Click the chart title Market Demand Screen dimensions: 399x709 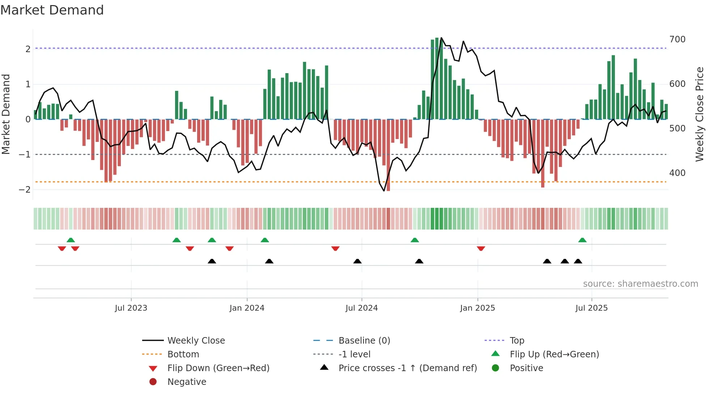[x=52, y=10]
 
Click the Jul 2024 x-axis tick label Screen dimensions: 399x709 [x=361, y=308]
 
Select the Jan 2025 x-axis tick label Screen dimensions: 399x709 [x=477, y=308]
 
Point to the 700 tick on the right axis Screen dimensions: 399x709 [x=677, y=39]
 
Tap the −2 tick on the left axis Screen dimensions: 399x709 [x=25, y=190]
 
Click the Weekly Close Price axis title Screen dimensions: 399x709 [x=700, y=114]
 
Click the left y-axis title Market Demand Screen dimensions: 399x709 [x=6, y=114]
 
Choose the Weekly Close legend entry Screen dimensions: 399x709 [x=196, y=341]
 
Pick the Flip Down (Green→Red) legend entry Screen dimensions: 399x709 [x=218, y=368]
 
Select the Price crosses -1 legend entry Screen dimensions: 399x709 [x=407, y=368]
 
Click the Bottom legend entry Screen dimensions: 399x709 [x=183, y=354]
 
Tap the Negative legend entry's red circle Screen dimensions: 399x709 [x=153, y=382]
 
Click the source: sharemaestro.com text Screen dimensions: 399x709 [x=640, y=284]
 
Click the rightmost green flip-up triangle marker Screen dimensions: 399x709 [x=582, y=240]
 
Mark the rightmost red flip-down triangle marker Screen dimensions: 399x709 [x=481, y=248]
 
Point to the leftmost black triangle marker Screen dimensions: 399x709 [x=212, y=261]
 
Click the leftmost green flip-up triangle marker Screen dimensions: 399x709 [x=71, y=240]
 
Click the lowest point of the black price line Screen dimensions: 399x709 [x=384, y=191]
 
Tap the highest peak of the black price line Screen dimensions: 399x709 [x=441, y=38]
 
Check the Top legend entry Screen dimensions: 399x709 [x=517, y=341]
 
